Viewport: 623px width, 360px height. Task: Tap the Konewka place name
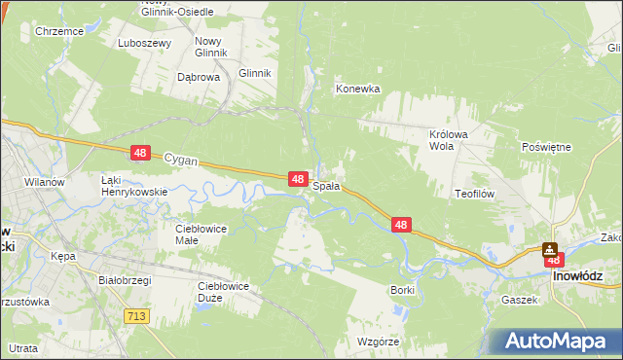pos(357,89)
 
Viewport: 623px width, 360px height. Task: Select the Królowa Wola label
pos(450,140)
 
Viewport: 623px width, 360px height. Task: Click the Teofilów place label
pos(476,194)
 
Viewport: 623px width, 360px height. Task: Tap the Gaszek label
pos(520,300)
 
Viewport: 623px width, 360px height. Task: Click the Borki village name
pos(402,290)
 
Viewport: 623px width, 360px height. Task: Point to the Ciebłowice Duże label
pos(223,291)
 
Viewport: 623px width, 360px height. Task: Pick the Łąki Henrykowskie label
pos(135,186)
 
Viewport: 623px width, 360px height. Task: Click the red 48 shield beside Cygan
pos(141,153)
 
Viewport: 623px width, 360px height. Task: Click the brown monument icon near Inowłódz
pos(551,250)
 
